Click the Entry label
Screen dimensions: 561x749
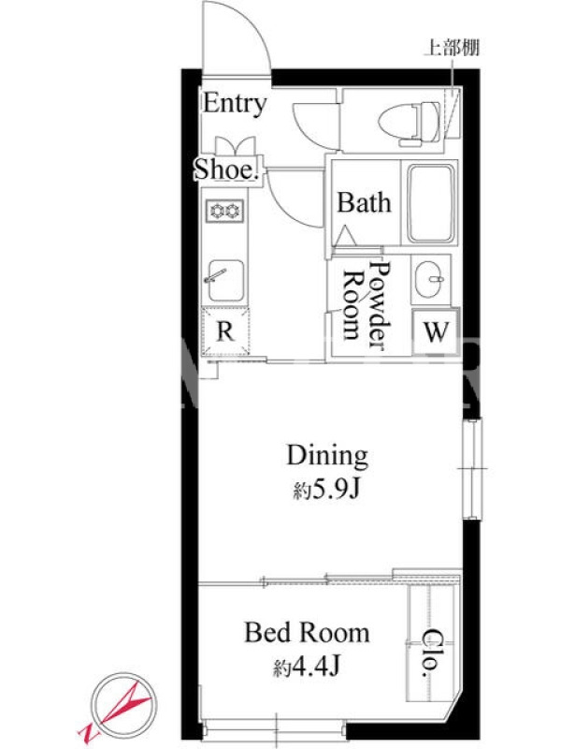pos(235,104)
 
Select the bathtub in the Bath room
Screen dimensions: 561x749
pos(430,203)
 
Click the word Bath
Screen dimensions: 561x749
pos(364,202)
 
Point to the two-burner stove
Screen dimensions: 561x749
pos(224,211)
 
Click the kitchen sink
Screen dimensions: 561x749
pos(224,281)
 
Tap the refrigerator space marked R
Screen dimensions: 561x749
pos(225,331)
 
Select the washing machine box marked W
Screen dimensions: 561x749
pos(436,331)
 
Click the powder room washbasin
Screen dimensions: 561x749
pos(430,280)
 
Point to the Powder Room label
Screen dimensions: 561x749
pos(367,306)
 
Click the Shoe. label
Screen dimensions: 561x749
pos(227,169)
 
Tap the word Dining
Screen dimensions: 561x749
pos(327,456)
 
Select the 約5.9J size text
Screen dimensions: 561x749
pos(326,490)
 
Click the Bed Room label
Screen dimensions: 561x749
pos(307,633)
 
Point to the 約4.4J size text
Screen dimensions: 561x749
pos(307,667)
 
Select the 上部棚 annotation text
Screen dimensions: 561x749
pos(452,48)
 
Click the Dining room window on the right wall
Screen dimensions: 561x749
pos(472,468)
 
